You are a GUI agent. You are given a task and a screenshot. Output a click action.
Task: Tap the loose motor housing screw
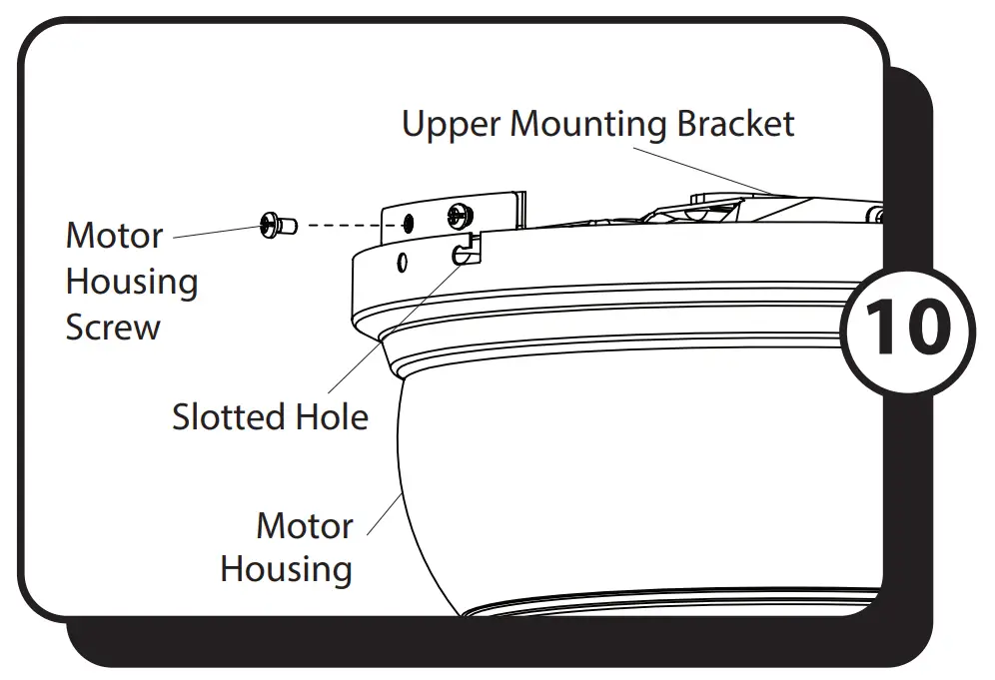[277, 227]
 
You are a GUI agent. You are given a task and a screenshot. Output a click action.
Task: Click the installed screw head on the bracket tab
[459, 214]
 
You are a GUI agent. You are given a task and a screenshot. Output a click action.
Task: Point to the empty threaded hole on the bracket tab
[408, 222]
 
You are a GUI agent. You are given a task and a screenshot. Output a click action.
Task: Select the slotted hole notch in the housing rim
[465, 253]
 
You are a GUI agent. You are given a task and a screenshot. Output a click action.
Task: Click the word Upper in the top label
[452, 125]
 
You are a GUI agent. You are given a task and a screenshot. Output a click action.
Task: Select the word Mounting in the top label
[588, 125]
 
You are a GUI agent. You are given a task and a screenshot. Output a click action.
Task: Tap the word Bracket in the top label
[735, 125]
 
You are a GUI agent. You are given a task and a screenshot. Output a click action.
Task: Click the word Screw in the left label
[112, 328]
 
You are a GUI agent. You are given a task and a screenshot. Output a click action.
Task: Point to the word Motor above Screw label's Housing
[113, 237]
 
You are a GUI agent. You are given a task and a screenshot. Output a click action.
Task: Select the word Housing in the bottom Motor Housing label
[286, 569]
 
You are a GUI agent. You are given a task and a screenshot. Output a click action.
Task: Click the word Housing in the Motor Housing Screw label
[131, 283]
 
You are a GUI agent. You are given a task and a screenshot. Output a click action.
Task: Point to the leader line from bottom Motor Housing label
[384, 514]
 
